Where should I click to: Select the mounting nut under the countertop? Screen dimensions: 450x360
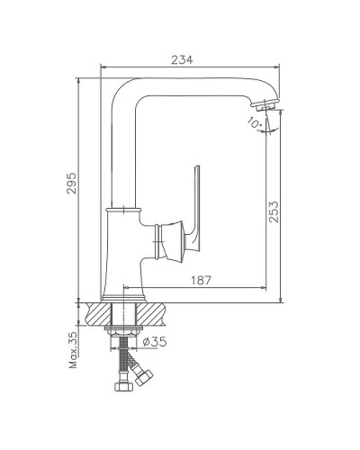[124, 335]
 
